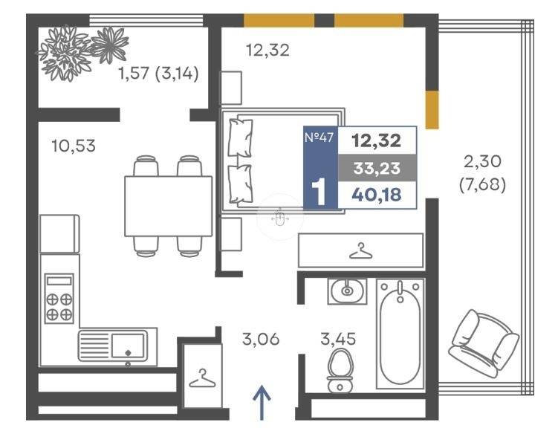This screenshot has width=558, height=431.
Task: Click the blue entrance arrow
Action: (262, 403)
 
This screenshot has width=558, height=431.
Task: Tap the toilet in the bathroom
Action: (340, 371)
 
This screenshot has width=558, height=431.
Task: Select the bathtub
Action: (400, 334)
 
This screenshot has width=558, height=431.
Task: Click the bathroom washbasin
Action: (347, 291)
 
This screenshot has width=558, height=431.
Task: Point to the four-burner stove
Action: (59, 299)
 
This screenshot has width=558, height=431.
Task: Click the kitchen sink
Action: (112, 346)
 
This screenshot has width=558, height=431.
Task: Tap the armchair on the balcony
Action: (483, 344)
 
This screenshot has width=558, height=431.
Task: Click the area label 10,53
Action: (74, 146)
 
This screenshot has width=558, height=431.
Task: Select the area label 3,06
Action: (261, 339)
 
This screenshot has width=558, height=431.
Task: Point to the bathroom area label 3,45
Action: (338, 339)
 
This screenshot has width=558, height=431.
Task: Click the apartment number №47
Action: (319, 137)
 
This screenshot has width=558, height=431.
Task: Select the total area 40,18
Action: (377, 195)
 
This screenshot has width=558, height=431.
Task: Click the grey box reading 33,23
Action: (377, 168)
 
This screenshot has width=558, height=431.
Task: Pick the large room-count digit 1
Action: (319, 192)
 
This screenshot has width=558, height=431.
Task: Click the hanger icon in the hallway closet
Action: (202, 378)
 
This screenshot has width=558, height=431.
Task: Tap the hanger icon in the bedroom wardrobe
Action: (361, 250)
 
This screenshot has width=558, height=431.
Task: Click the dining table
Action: (169, 206)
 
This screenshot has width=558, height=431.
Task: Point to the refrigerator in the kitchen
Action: (59, 234)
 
